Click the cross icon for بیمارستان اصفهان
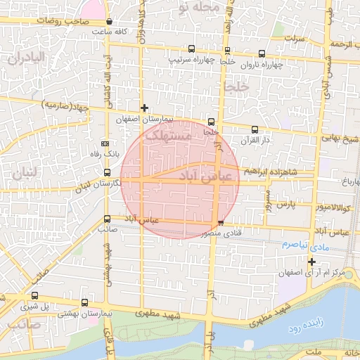tap(144, 108)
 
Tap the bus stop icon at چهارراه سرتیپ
tap(192, 49)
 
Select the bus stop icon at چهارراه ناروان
tap(262, 53)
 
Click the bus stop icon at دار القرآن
tap(255, 129)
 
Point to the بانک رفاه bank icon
tap(105, 143)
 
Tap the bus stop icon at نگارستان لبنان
tap(107, 172)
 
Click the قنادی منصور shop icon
tap(221, 223)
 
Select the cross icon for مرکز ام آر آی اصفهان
tap(311, 262)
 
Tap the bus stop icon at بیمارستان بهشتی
tap(85, 303)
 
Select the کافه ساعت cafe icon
tap(109, 21)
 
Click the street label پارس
tap(283, 205)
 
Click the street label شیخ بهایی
tap(341, 139)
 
